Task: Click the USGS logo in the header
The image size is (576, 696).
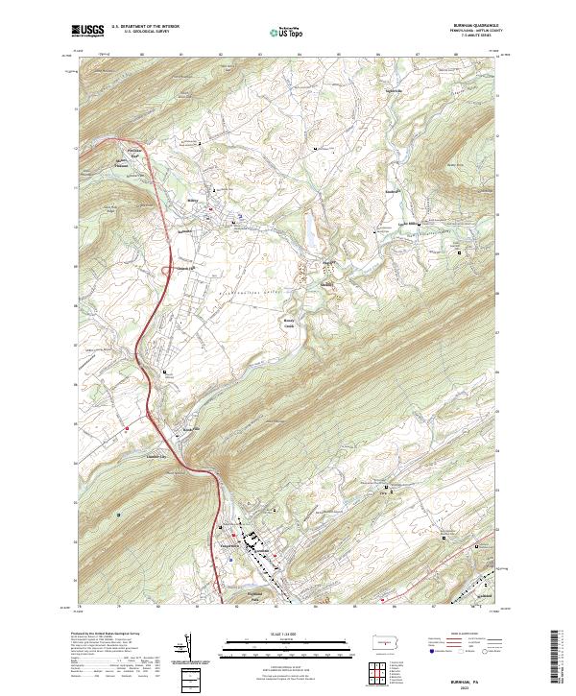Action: (88, 30)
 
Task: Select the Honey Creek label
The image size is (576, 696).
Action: (289, 324)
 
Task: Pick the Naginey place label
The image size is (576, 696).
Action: (325, 285)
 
